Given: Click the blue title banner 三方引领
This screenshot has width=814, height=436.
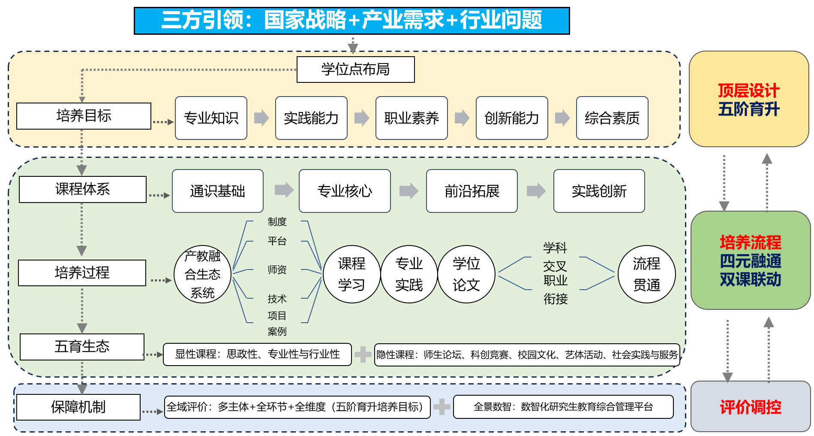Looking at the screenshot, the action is (x=351, y=21).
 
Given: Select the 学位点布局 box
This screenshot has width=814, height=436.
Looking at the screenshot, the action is (x=355, y=70).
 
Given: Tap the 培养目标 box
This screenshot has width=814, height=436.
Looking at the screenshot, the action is (x=84, y=116).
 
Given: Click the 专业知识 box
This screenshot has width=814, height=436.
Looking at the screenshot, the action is (x=211, y=118).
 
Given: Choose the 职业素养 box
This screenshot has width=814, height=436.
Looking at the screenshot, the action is (x=412, y=118).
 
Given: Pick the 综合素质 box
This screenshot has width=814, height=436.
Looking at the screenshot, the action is (x=612, y=118).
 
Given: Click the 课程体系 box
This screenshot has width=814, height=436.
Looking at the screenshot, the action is (x=83, y=189).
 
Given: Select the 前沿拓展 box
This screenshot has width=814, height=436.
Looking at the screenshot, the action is (x=472, y=191).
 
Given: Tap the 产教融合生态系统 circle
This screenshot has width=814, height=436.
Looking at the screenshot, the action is (x=202, y=275).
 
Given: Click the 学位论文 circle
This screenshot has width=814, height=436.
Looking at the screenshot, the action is (x=466, y=274).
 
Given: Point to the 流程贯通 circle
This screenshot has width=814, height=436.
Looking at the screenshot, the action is (x=647, y=274).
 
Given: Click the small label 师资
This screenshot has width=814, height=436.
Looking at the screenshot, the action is (x=277, y=269).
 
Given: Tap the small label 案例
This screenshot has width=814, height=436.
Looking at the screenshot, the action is (x=277, y=331).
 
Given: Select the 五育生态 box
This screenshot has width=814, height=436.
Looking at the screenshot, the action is (x=82, y=347).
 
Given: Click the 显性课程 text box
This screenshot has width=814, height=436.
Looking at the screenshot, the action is (x=257, y=354).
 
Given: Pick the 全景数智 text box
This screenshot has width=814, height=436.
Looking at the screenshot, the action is (x=563, y=407).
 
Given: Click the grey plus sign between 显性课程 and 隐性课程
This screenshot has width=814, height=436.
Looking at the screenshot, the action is (x=363, y=354).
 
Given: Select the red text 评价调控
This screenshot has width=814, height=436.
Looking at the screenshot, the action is (x=751, y=407).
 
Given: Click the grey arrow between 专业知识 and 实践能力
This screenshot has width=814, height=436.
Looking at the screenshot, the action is (x=261, y=118).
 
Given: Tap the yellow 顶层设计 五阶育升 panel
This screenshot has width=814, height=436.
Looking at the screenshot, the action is (x=749, y=99).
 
